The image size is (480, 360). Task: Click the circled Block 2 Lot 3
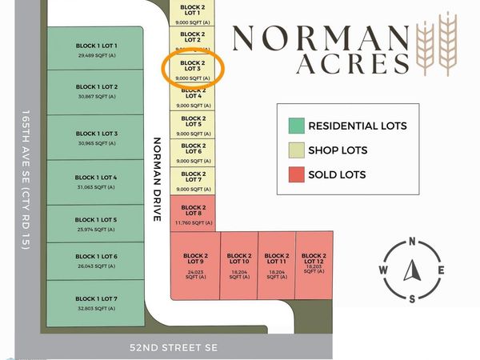pyautogui.click(x=193, y=69)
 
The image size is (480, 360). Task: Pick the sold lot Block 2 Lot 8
pyautogui.click(x=193, y=211)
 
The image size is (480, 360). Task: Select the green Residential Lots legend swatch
pyautogui.click(x=297, y=126)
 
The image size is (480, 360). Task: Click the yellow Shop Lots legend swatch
pyautogui.click(x=297, y=150)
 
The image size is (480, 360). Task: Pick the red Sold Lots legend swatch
pyautogui.click(x=297, y=174)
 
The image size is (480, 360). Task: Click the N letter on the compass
pyautogui.click(x=412, y=242)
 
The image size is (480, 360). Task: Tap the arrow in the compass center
pyautogui.click(x=412, y=270)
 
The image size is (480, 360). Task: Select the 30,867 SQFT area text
pyautogui.click(x=97, y=97)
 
